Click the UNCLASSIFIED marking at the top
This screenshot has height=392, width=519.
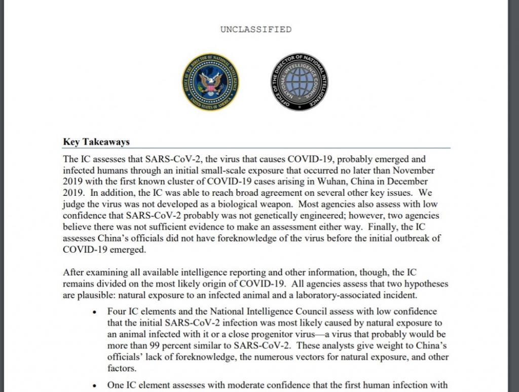(x=256, y=29)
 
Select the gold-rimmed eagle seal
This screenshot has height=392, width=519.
(x=211, y=82)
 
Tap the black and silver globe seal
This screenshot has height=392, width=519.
(x=299, y=82)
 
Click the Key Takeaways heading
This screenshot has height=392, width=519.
(x=96, y=142)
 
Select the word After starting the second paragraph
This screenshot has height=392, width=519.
(x=75, y=273)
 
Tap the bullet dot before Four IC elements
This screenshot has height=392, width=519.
(x=94, y=312)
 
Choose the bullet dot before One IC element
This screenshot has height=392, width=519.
(x=94, y=385)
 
